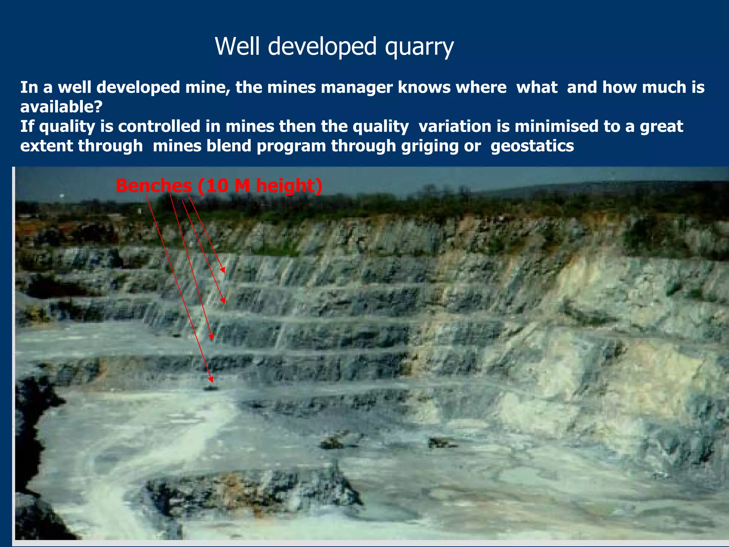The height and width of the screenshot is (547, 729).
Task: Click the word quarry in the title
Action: tap(419, 47)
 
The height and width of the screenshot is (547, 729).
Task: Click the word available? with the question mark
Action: tap(61, 106)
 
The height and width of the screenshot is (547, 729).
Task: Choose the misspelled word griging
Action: tap(430, 146)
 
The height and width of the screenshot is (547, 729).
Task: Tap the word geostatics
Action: tap(532, 146)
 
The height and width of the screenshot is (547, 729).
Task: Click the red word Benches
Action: tap(154, 186)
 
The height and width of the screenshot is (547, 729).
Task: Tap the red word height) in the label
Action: tap(289, 186)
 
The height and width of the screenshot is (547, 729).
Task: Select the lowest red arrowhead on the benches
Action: tap(211, 380)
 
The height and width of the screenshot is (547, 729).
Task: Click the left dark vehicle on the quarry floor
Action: tap(332, 442)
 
